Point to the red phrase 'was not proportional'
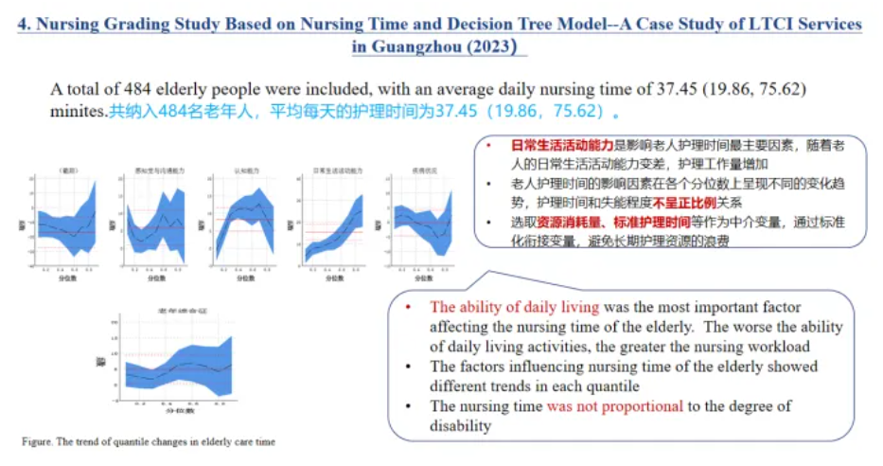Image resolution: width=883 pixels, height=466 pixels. [x=614, y=406]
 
